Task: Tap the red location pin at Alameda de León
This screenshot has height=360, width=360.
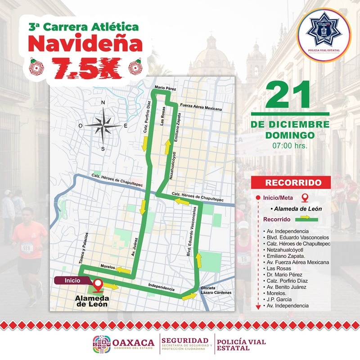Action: click(98, 284)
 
